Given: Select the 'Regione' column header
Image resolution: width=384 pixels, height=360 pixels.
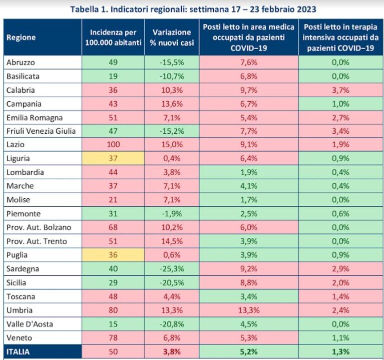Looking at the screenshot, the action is pyautogui.click(x=21, y=38).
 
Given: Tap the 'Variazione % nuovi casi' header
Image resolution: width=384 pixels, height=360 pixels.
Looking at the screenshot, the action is pyautogui.click(x=172, y=38).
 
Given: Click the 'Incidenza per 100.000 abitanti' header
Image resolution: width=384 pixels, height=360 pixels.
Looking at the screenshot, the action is pyautogui.click(x=113, y=38).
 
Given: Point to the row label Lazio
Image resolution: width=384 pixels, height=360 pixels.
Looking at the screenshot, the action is pyautogui.click(x=16, y=145).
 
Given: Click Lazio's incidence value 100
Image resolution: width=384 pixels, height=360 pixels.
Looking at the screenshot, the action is pyautogui.click(x=113, y=145).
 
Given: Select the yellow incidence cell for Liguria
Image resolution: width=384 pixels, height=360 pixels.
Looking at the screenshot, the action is pyautogui.click(x=113, y=158).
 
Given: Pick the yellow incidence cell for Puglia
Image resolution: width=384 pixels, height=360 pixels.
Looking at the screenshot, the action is pyautogui.click(x=113, y=255).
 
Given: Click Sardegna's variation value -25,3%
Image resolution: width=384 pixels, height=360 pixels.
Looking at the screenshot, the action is pyautogui.click(x=172, y=269).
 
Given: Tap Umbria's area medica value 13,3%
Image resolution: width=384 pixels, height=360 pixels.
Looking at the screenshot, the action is pyautogui.click(x=249, y=310).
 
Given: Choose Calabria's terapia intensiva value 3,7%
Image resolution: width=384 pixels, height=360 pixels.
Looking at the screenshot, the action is pyautogui.click(x=340, y=90).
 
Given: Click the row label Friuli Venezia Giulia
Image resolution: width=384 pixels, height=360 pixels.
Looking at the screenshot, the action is pyautogui.click(x=41, y=131).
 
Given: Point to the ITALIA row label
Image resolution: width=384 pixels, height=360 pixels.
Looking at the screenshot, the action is pyautogui.click(x=18, y=352).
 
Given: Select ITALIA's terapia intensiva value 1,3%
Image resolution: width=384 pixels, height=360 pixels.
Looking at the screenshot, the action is pyautogui.click(x=340, y=352).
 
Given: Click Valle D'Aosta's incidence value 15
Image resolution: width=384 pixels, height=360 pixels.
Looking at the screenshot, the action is pyautogui.click(x=113, y=324).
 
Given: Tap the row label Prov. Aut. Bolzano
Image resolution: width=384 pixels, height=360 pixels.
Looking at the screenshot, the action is pyautogui.click(x=39, y=227).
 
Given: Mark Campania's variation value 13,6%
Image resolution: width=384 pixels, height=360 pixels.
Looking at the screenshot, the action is pyautogui.click(x=172, y=104).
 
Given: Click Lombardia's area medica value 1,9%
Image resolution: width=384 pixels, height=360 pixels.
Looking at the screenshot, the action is pyautogui.click(x=249, y=172).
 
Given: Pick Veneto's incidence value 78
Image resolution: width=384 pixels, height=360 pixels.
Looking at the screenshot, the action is pyautogui.click(x=113, y=338).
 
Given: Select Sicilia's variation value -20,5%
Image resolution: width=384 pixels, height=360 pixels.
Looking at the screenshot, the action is pyautogui.click(x=172, y=283).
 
